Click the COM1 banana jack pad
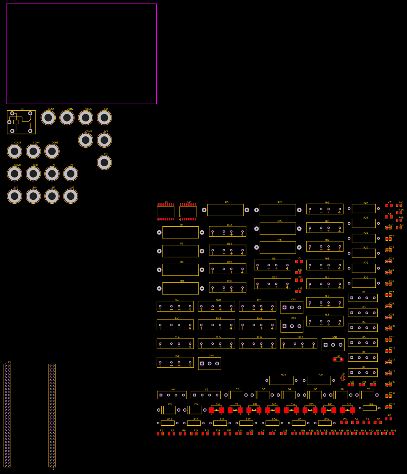pyautogui.click(x=48, y=118)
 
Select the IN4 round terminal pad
pyautogui.click(x=104, y=162)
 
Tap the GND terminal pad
pyautogui.click(x=34, y=174)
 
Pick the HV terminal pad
pyautogui.click(x=52, y=174)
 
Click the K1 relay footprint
pyautogui.click(x=21, y=122)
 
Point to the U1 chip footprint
pyautogui.click(x=166, y=212)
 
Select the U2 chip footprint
pyautogui.click(x=188, y=212)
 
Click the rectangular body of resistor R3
pyautogui.click(x=225, y=210)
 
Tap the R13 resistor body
pyautogui.click(x=278, y=210)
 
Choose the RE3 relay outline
pyautogui.click(x=228, y=231)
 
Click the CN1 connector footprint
pyautogui.click(x=292, y=307)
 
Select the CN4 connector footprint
pyautogui.click(x=210, y=363)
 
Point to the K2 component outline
pyautogui.click(x=363, y=298)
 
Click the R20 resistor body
pyautogui.click(x=281, y=380)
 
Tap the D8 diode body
pyautogui.click(x=169, y=410)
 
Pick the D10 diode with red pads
pyautogui.click(x=216, y=410)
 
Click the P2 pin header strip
pyautogui.click(x=7, y=415)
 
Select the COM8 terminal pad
pyautogui.click(x=15, y=174)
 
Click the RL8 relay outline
pyautogui.click(x=175, y=362)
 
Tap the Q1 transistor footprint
pyautogui.click(x=343, y=378)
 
